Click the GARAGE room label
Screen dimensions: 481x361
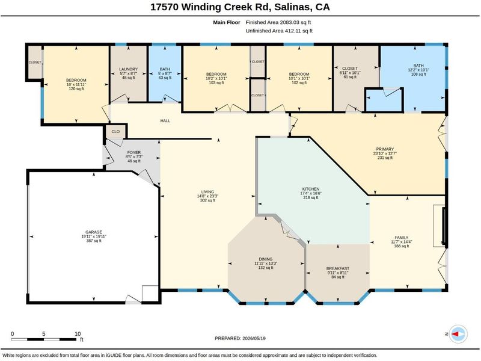coord(94,232)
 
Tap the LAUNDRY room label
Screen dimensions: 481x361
coord(128,69)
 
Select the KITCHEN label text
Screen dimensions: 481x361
coord(311,189)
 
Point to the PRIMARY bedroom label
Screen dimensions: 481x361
coord(385,149)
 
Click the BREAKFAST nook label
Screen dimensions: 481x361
coord(338,268)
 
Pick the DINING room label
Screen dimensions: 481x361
coord(266,259)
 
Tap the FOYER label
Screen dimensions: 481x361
coord(133,152)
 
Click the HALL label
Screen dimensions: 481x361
coord(165,121)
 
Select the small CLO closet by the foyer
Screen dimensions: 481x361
coord(115,131)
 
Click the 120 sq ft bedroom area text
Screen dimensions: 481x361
coord(76,88)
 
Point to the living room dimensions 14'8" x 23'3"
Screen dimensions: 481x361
coord(207,196)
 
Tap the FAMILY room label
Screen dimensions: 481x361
coord(401,237)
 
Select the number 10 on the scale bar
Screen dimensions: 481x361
coord(78,334)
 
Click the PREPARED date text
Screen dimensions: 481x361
coord(240,338)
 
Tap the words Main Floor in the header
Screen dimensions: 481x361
coord(227,22)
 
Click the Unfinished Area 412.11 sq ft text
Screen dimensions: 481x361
coord(279,31)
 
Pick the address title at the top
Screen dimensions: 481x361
coord(240,7)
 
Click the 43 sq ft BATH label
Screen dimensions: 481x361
coord(165,69)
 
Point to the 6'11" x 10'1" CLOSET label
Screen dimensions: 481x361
coord(350,69)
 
